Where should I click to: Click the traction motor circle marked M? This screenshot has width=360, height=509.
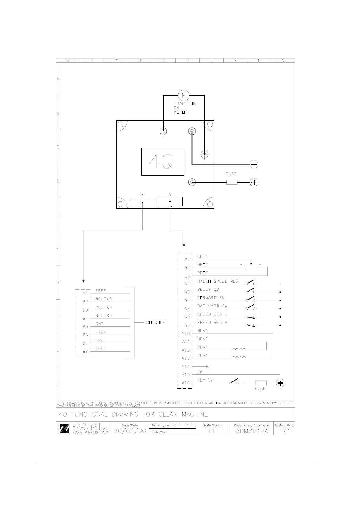pos(184,96)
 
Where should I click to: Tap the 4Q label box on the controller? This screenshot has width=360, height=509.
pos(163,162)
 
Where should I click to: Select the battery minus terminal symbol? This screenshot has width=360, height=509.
pos(254,164)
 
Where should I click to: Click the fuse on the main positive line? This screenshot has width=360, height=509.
pos(232,182)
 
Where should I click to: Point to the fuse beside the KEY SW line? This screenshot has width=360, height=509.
pos(260,383)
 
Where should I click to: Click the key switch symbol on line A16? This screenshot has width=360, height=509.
pos(234,381)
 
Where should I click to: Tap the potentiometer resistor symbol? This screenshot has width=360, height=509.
pos(251,267)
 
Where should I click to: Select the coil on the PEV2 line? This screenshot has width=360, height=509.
pos(239,349)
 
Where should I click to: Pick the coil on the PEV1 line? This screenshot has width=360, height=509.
pos(239,358)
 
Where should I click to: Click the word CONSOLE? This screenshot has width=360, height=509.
pos(156,323)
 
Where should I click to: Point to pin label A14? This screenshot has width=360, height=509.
pos(185,367)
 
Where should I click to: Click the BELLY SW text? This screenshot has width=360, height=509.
pos(208,290)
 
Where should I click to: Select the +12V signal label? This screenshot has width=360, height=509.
pos(101,332)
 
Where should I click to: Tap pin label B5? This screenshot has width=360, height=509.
pos(85,326)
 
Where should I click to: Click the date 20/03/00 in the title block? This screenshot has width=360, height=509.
pos(130,431)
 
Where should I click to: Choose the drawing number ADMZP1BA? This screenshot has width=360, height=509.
pos(252,431)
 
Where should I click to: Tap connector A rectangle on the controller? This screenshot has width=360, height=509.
pos(170,201)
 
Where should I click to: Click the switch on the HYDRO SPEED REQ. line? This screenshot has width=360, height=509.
pos(250,283)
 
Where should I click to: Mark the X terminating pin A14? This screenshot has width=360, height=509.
pos(207,367)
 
